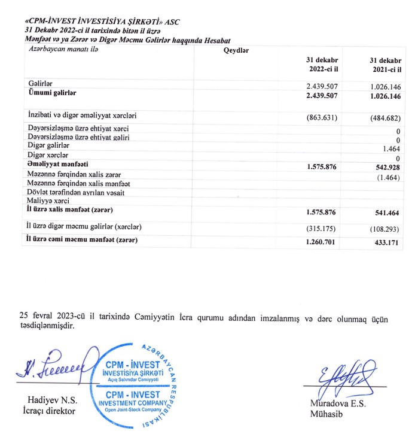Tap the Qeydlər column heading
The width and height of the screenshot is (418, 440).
pyautogui.click(x=236, y=50)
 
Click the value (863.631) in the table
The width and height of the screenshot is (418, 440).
pyautogui.click(x=322, y=116)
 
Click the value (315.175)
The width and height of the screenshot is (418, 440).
pyautogui.click(x=322, y=227)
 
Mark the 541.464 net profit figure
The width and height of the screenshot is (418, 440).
pyautogui.click(x=386, y=212)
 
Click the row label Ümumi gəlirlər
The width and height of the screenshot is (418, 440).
pyautogui.click(x=53, y=93)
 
